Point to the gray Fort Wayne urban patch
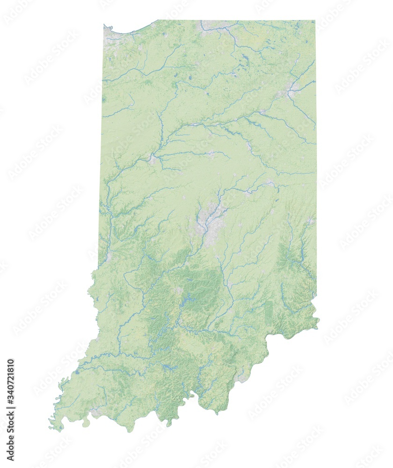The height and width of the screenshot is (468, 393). pyautogui.click(x=291, y=89)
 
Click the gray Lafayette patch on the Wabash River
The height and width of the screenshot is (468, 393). pyautogui.click(x=153, y=159)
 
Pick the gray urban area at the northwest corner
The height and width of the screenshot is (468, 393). pyautogui.click(x=109, y=35)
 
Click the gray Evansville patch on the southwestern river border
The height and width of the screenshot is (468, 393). pyautogui.click(x=96, y=412)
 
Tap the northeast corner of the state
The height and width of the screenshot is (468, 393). pyautogui.click(x=314, y=21)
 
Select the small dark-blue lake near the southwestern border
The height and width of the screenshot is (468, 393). pyautogui.click(x=77, y=373)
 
